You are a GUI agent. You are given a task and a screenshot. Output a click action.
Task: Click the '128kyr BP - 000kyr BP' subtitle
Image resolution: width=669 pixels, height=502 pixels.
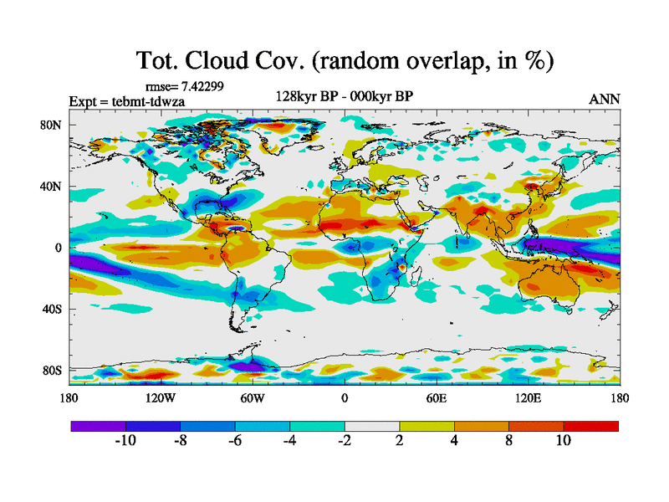click(344, 95)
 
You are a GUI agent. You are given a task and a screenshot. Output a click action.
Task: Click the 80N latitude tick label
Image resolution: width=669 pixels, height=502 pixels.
click(53, 125)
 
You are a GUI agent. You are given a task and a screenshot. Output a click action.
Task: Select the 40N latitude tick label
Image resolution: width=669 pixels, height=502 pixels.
click(53, 187)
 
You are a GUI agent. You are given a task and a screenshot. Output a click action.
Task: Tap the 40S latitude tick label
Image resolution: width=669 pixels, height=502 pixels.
click(53, 309)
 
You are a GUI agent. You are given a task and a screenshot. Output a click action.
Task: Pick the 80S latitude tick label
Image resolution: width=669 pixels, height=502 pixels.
click(53, 370)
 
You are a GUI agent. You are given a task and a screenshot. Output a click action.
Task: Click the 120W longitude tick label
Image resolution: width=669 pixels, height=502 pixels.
click(161, 398)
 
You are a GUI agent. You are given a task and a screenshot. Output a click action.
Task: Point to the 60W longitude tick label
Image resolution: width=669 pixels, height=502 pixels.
click(253, 398)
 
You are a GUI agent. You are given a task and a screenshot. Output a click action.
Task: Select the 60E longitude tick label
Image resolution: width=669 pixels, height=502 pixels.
click(437, 398)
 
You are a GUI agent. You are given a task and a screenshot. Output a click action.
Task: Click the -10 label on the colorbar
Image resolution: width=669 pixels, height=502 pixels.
click(125, 440)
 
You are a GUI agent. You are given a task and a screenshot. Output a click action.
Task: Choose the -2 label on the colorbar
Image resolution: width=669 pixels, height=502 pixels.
click(345, 440)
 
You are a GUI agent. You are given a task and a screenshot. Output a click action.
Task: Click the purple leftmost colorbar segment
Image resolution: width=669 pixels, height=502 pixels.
click(98, 426)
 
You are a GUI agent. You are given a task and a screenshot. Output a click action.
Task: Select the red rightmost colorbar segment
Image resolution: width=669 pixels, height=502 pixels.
click(591, 426)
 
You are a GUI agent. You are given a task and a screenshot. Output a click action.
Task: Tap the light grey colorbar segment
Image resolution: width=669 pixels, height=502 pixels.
click(372, 426)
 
